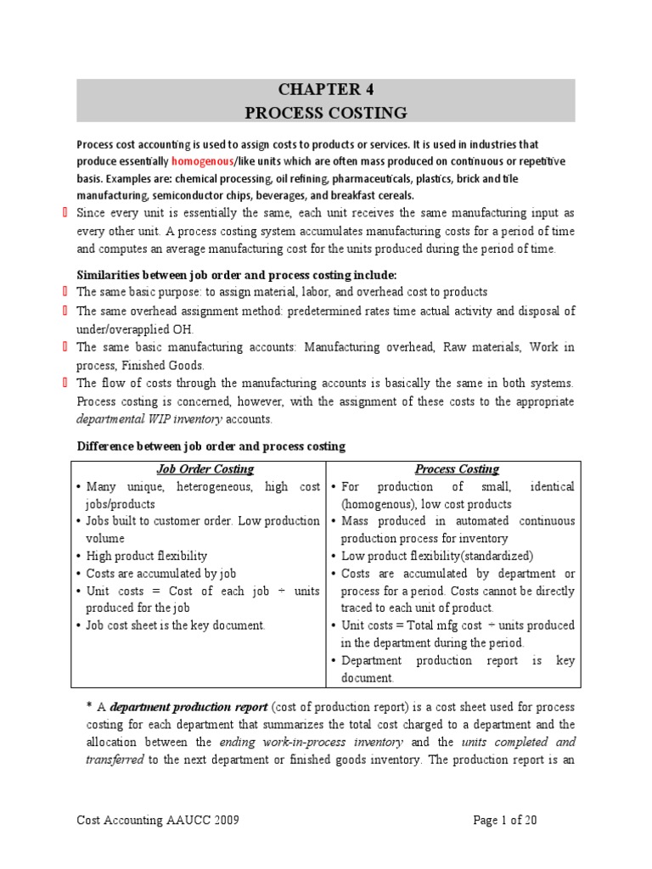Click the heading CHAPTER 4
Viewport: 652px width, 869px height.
[x=326, y=90]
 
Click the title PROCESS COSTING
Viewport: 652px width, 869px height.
[x=326, y=112]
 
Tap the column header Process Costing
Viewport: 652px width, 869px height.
[x=457, y=468]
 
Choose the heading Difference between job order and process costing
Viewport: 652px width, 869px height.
[x=211, y=446]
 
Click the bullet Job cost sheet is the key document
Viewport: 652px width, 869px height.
[x=176, y=625]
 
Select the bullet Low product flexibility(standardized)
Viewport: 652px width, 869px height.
[x=436, y=556]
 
